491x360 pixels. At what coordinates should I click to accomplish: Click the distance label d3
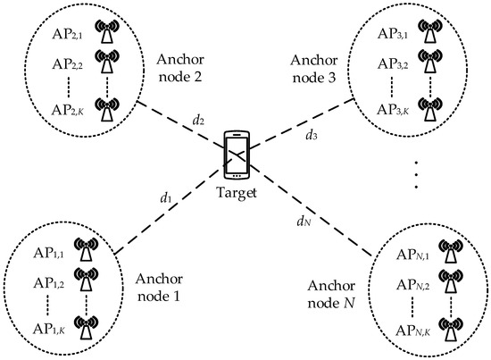tap(311, 137)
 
